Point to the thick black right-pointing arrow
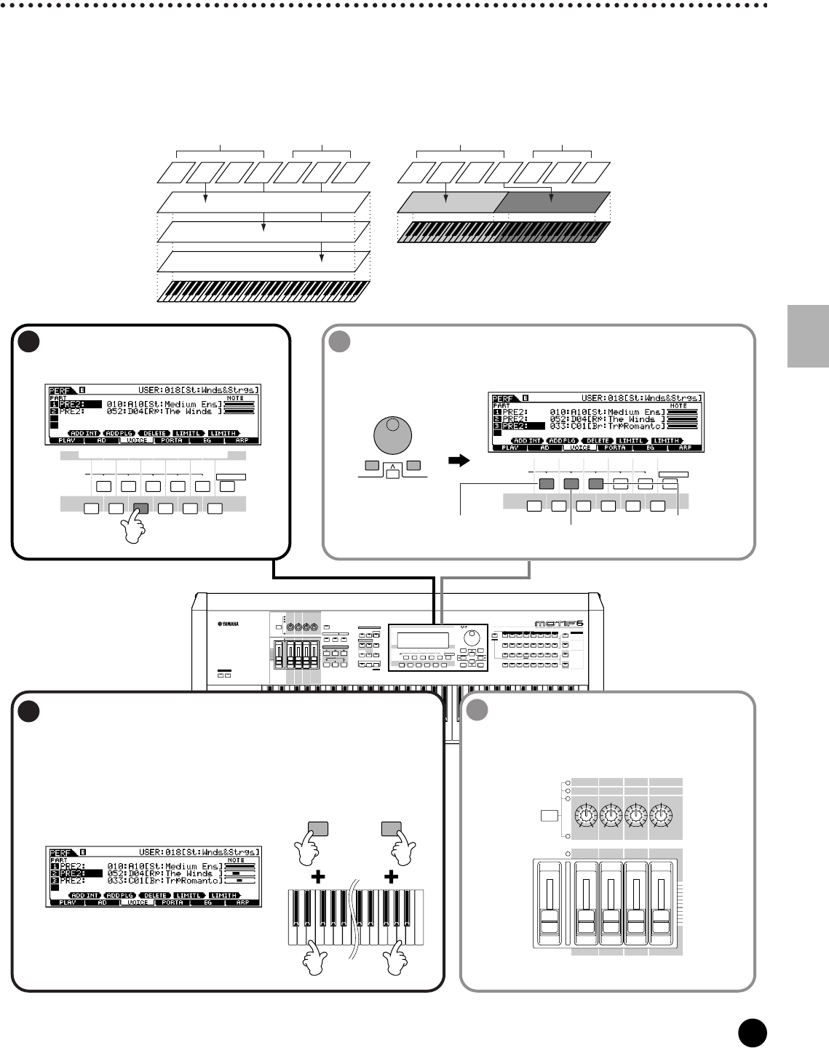pyautogui.click(x=458, y=459)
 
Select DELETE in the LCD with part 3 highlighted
pyautogui.click(x=598, y=440)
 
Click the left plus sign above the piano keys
pyautogui.click(x=317, y=878)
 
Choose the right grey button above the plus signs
pyautogui.click(x=392, y=827)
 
